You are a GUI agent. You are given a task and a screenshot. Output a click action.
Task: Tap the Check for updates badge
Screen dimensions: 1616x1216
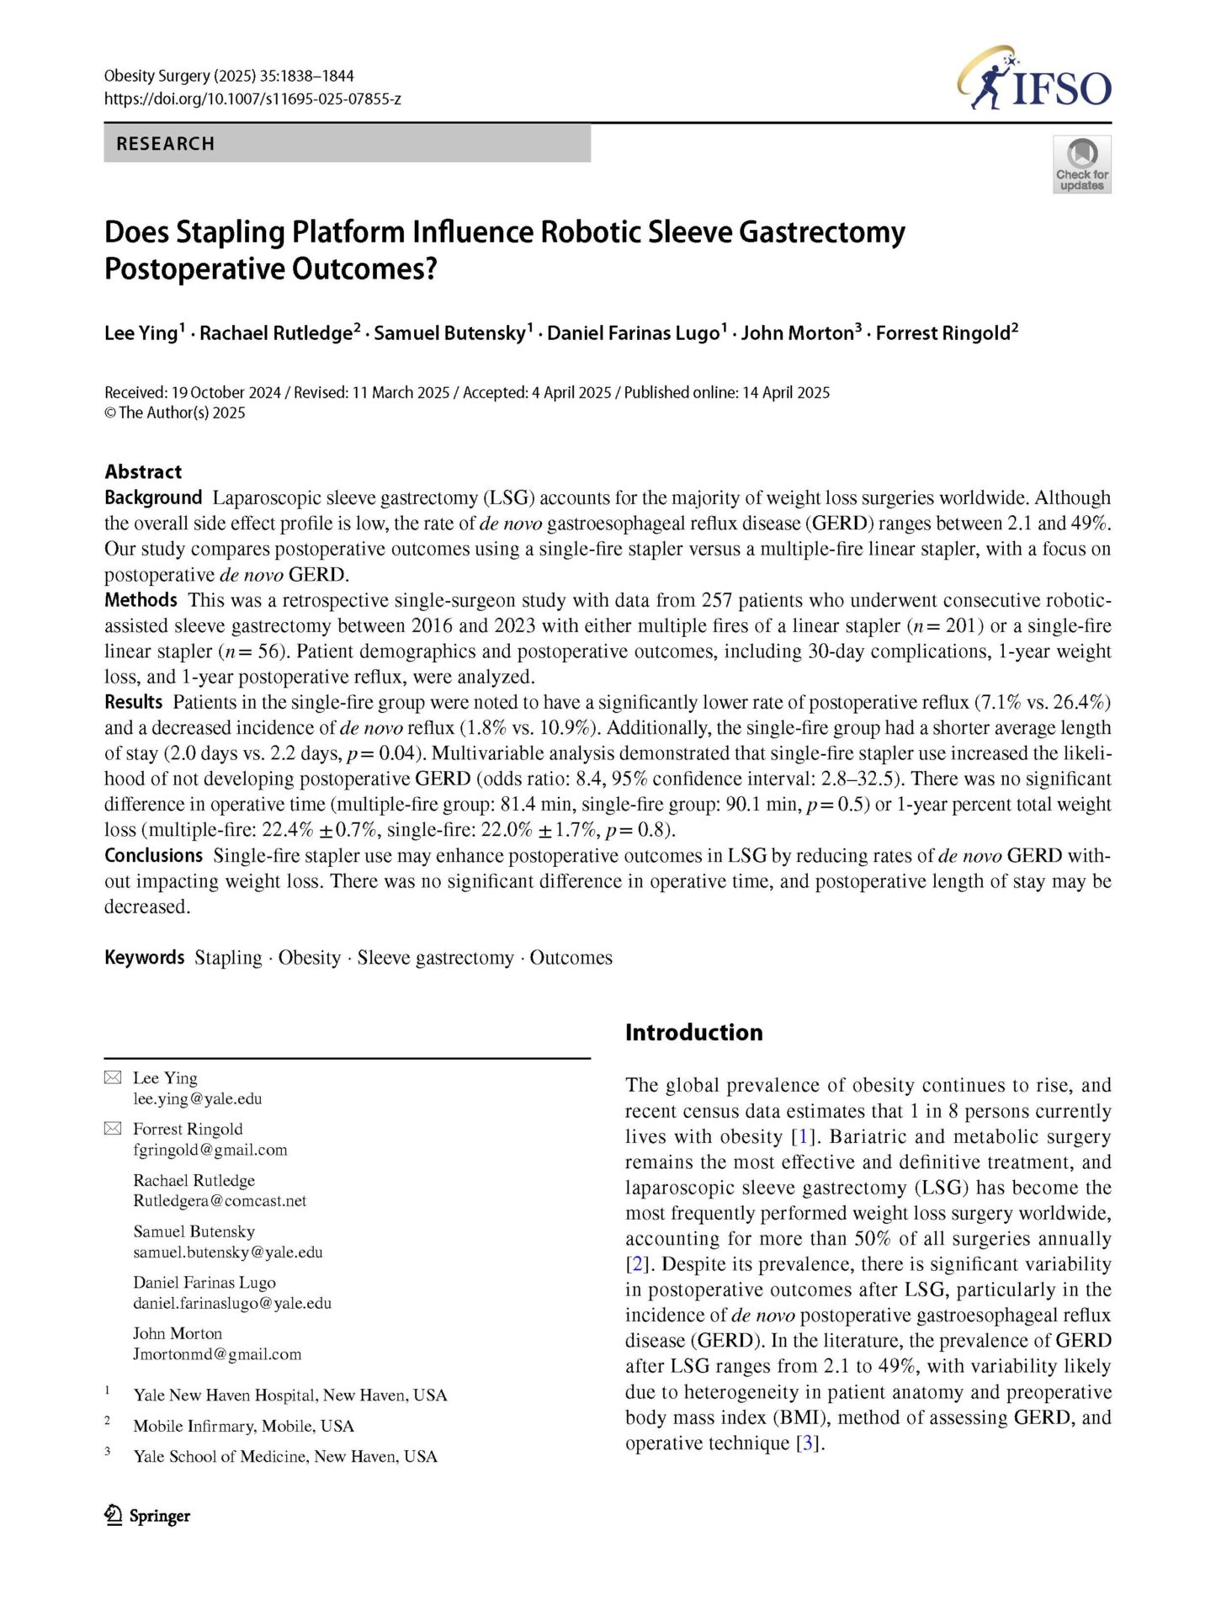click(1081, 165)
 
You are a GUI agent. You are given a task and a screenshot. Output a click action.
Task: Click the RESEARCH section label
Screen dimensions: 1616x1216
click(165, 144)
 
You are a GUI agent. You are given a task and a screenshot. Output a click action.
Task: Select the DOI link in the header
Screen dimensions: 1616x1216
click(252, 98)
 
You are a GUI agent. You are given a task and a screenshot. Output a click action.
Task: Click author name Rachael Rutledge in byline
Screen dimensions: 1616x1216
click(276, 333)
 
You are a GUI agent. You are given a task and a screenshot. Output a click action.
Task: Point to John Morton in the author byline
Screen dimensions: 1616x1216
click(797, 333)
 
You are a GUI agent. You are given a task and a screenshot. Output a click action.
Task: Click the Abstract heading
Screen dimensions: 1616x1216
click(143, 472)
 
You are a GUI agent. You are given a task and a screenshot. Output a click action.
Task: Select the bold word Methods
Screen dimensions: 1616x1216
click(141, 600)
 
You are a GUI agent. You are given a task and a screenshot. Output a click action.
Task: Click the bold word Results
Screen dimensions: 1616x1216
click(133, 702)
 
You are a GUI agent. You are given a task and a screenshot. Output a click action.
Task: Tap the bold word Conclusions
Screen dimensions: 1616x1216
click(153, 856)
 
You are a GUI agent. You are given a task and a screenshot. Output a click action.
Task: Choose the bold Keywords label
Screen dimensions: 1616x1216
click(144, 958)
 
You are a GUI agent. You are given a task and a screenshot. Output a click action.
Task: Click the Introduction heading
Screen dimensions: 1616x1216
click(693, 1033)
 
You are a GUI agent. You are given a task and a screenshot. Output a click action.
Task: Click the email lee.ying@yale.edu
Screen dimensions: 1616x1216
click(197, 1099)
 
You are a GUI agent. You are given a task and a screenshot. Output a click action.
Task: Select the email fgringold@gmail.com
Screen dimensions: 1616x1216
click(210, 1151)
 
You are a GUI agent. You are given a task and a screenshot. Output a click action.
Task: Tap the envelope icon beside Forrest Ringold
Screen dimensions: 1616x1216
click(113, 1130)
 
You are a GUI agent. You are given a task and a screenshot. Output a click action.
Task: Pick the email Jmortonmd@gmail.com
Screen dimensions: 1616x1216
click(217, 1354)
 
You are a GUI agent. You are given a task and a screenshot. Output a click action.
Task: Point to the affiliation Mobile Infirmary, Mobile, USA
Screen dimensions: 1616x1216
click(243, 1426)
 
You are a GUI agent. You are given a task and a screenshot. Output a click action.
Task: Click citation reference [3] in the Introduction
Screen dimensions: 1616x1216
click(809, 1443)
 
